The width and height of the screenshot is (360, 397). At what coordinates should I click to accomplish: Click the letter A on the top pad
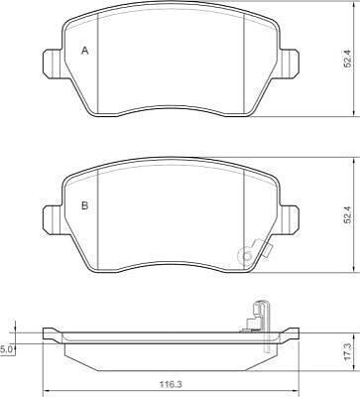(x=85, y=51)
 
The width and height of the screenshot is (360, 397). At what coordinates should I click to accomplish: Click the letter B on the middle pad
(x=85, y=205)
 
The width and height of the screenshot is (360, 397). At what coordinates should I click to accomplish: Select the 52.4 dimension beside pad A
(x=347, y=60)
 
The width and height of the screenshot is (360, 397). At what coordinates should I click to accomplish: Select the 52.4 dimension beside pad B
(x=347, y=214)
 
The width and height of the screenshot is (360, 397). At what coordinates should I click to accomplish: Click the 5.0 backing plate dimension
(x=7, y=349)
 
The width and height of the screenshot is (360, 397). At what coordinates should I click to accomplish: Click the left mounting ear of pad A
(x=53, y=65)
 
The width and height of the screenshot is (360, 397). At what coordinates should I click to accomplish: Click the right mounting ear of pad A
(x=290, y=65)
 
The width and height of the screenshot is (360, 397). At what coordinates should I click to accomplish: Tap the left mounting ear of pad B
(x=53, y=219)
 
